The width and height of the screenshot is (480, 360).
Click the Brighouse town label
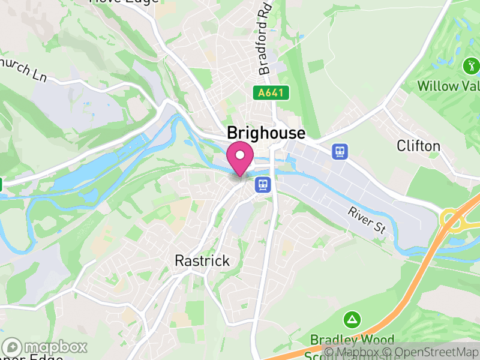point(266,133)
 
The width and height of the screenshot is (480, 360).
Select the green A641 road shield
point(271,93)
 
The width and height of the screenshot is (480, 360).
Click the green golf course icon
point(471,65)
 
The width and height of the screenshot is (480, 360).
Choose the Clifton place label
point(418,146)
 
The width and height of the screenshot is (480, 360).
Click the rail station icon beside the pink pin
point(262,184)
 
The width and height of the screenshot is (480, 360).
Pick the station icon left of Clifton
point(340,151)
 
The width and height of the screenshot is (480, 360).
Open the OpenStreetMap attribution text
point(432,352)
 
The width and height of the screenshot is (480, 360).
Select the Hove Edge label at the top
point(124,2)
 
